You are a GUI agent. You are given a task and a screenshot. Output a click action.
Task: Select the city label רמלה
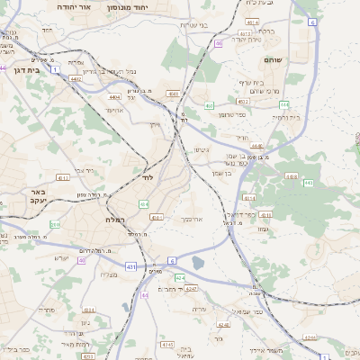[x=113, y=220]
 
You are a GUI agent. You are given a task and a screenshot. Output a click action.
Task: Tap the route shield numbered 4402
[x=76, y=79]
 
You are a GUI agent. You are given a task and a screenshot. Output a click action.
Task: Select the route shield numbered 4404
[x=114, y=97]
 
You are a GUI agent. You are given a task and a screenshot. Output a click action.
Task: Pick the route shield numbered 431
[x=132, y=267]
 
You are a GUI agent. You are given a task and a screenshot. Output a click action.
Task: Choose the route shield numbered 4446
[x=256, y=146]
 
